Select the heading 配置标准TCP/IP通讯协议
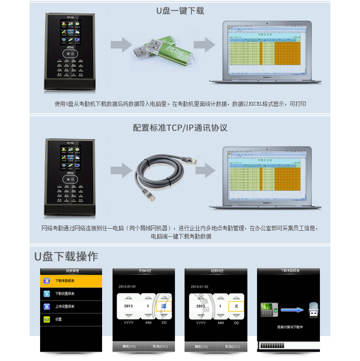pyautogui.click(x=180, y=128)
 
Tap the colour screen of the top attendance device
pyautogui.click(x=70, y=31)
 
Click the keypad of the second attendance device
pyautogui.click(x=70, y=193)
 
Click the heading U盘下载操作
pyautogui.click(x=66, y=256)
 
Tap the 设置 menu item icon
pyautogui.click(x=47, y=320)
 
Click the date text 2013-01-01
pyautogui.click(x=128, y=286)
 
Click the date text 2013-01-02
pyautogui.click(x=200, y=286)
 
